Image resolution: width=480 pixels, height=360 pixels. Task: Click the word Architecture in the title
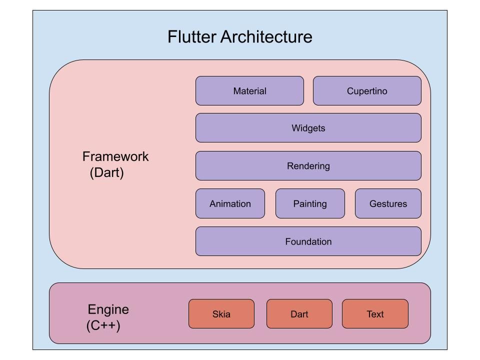click(266, 37)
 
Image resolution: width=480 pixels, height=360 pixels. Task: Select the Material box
click(249, 91)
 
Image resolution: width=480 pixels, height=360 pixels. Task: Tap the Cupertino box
click(367, 91)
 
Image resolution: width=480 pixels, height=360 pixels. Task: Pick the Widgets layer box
click(308, 128)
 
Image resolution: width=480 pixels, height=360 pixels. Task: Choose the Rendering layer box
click(308, 166)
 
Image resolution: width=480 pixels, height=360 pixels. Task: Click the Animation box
click(230, 203)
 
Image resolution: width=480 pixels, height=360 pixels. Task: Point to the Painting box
click(310, 203)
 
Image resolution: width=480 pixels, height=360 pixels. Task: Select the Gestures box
click(388, 203)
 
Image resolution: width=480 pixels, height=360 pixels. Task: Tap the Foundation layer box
click(308, 241)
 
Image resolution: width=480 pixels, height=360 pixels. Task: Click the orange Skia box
click(221, 314)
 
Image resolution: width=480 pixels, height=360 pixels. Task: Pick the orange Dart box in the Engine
click(299, 314)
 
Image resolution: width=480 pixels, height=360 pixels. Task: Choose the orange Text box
click(375, 314)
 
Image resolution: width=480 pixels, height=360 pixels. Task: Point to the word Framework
click(115, 156)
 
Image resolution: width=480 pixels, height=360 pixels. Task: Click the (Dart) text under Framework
click(107, 173)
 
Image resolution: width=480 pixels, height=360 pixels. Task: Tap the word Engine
click(108, 309)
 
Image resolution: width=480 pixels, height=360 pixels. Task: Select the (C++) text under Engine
click(103, 326)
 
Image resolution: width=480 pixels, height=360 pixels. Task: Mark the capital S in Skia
click(215, 314)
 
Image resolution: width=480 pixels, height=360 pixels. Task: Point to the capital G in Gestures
click(372, 204)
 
